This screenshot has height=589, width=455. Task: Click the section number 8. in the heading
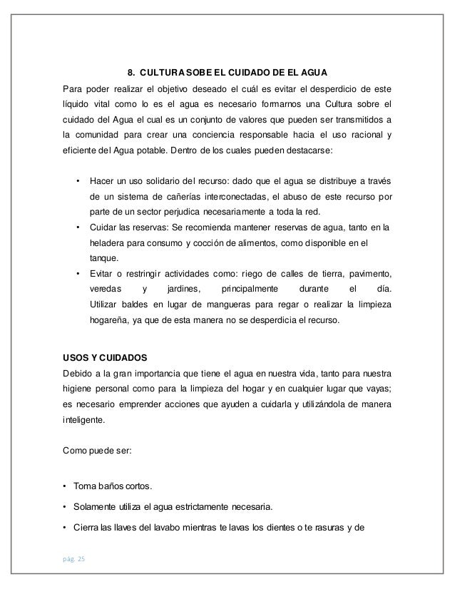point(131,72)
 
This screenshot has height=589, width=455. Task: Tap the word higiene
point(78,389)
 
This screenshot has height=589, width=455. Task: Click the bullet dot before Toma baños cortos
point(66,488)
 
